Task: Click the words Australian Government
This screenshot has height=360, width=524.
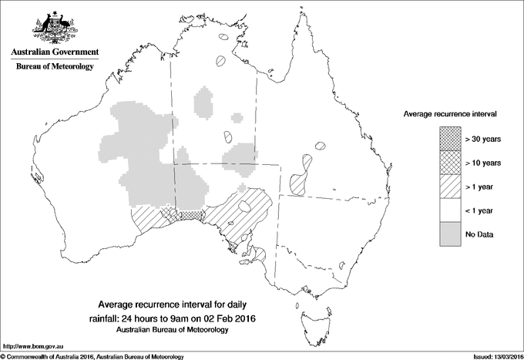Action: pos(54,52)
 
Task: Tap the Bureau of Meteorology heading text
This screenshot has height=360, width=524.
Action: pos(54,67)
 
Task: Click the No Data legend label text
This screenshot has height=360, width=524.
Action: pos(479,234)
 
